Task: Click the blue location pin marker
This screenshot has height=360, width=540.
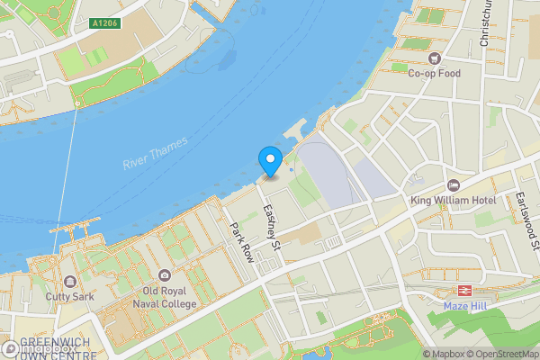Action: [x=270, y=161]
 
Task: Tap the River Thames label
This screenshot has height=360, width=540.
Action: [x=156, y=153]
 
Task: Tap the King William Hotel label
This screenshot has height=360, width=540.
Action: [x=453, y=199]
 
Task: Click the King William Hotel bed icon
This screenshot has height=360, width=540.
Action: [x=453, y=184]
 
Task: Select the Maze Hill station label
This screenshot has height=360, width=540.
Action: [x=465, y=305]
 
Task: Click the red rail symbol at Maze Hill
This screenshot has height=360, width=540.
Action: [x=465, y=290]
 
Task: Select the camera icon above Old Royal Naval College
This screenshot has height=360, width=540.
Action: [x=164, y=275]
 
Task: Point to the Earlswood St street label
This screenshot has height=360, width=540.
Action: [x=526, y=220]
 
